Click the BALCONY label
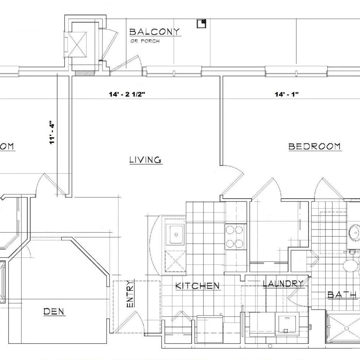pyautogui.click(x=154, y=32)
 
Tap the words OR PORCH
pyautogui.click(x=145, y=41)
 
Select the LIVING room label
pyautogui.click(x=145, y=160)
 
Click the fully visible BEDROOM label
pyautogui.click(x=314, y=146)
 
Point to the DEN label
pyautogui.click(x=54, y=311)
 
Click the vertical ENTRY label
pyautogui.click(x=130, y=294)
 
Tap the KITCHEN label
pyautogui.click(x=197, y=286)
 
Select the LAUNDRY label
pyautogui.click(x=283, y=284)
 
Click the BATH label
pyautogui.click(x=342, y=295)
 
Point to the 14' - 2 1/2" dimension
pyautogui.click(x=127, y=94)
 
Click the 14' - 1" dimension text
pyautogui.click(x=287, y=94)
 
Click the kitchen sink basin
pyautogui.click(x=176, y=234)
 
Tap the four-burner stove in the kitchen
pyautogui.click(x=234, y=236)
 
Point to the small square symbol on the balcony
pyautogui.click(x=201, y=23)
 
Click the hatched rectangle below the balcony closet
pyautogui.click(x=85, y=73)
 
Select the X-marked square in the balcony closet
pyautogui.click(x=78, y=44)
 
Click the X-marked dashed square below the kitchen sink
pyautogui.click(x=175, y=261)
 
